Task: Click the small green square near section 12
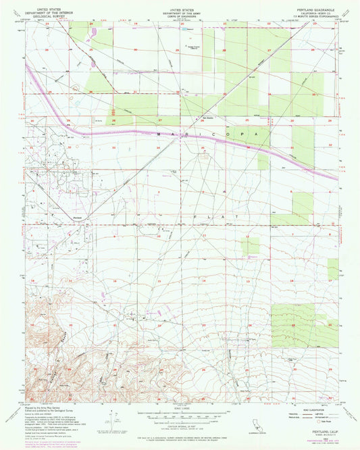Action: click(x=251, y=245)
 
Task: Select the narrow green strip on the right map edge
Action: click(x=333, y=269)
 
